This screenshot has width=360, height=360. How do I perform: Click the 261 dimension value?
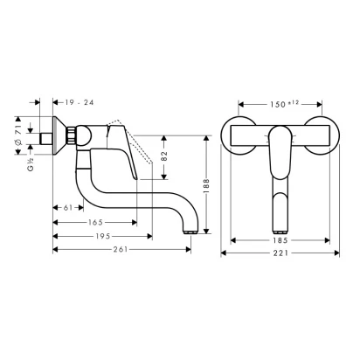[x=121, y=249]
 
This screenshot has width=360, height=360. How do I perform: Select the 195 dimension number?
[x=103, y=236]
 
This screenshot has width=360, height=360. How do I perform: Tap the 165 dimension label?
[x=95, y=223]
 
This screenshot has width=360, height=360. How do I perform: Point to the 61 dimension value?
[x=68, y=208]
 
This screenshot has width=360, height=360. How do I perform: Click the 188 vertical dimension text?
[x=206, y=186]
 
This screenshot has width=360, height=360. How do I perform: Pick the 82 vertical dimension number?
[x=164, y=156]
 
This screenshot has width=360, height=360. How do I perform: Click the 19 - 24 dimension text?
[x=79, y=102]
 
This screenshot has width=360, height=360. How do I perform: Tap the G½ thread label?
[x=31, y=164]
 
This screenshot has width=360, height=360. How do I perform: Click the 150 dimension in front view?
[x=284, y=104]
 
